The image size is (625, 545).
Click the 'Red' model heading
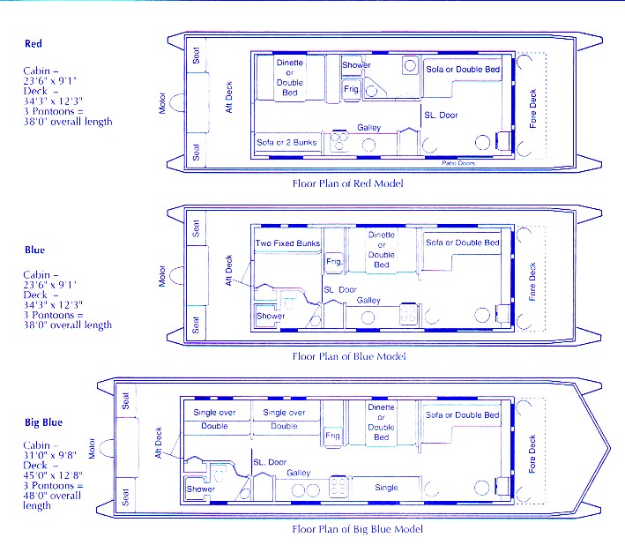tap(33, 43)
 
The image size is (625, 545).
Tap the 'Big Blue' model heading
tap(43, 422)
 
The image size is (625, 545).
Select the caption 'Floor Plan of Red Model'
tap(347, 183)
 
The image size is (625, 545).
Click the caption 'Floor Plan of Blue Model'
tap(349, 356)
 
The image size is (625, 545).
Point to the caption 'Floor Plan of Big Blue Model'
tap(357, 529)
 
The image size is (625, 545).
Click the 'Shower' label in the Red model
tap(356, 64)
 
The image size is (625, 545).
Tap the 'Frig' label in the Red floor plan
tap(351, 89)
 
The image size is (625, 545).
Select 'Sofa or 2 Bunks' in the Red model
tap(286, 142)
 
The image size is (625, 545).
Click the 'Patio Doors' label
tap(458, 163)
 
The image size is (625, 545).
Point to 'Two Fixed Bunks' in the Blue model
tap(287, 243)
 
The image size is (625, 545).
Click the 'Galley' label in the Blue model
tap(368, 300)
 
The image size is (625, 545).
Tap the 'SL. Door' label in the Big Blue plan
tap(270, 462)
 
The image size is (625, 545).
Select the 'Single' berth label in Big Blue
tap(386, 488)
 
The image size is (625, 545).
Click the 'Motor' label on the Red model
tap(162, 103)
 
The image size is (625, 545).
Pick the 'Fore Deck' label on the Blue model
tap(532, 281)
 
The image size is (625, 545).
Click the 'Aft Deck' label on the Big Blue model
tap(159, 443)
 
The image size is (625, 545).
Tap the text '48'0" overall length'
tap(52, 500)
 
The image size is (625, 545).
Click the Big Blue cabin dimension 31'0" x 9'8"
tap(49, 455)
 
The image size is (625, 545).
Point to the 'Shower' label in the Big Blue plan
tap(201, 489)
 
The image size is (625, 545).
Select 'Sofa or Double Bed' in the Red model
tap(463, 70)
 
